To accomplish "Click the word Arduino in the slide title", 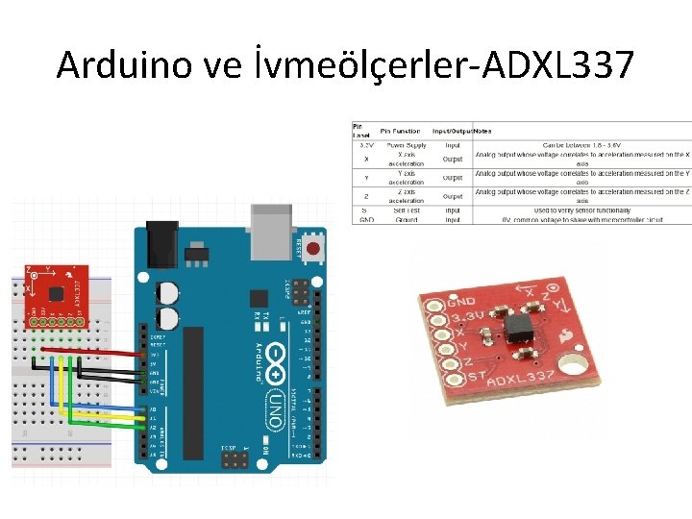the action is pos(119,65).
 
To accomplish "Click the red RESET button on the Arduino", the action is pos(313,247).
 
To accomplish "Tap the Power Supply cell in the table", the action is pos(406,146).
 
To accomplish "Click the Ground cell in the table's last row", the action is pos(406,218).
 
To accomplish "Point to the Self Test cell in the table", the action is pos(406,210).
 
